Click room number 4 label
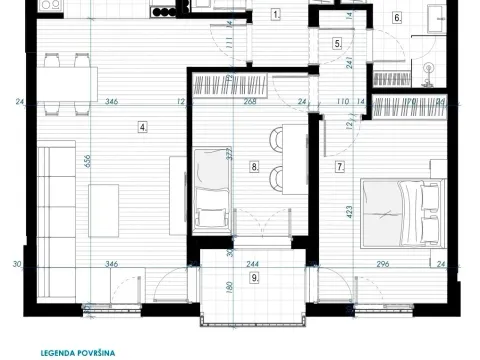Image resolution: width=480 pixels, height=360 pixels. [x=144, y=127]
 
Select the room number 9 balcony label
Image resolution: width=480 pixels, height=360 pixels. [x=255, y=277]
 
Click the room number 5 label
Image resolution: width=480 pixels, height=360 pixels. [x=337, y=44]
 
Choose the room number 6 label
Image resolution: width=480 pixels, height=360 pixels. [x=397, y=18]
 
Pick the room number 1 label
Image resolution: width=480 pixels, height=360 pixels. [x=276, y=15]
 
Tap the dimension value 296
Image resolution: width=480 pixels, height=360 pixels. [x=383, y=265]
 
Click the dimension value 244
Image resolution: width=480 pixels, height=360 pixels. [x=254, y=265]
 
